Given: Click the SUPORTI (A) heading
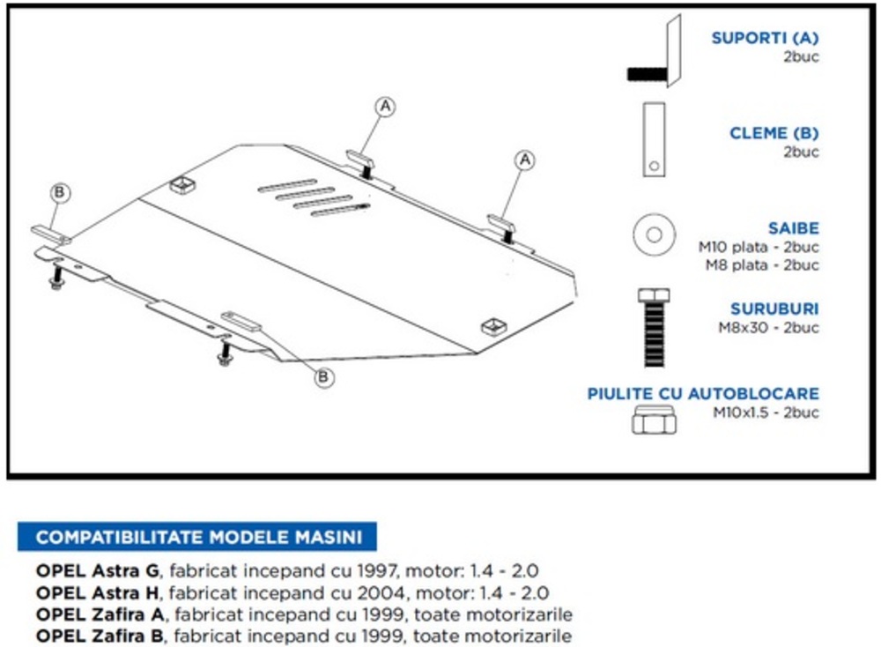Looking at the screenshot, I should tap(765, 38).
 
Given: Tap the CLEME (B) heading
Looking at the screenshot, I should tap(774, 133).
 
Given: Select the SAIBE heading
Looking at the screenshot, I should tap(793, 228).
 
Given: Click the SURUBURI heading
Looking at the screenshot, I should tap(774, 309).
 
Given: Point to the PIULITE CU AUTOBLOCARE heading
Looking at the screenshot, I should tap(703, 393).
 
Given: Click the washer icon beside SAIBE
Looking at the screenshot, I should tap(654, 234).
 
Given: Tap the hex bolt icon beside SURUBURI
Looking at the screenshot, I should tap(653, 327).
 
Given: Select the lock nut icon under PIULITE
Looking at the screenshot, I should tap(653, 421).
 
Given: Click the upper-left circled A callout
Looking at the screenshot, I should tap(385, 107).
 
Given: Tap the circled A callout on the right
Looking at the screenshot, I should tap(525, 160).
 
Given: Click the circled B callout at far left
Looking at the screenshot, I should tap(60, 192).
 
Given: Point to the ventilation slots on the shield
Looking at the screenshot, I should tap(313, 197).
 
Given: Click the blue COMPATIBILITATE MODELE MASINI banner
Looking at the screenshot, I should tap(196, 537).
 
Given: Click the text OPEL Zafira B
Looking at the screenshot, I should tap(100, 636).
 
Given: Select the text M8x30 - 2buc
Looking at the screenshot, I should tap(768, 328).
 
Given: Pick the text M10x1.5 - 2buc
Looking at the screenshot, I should tap(766, 412).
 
